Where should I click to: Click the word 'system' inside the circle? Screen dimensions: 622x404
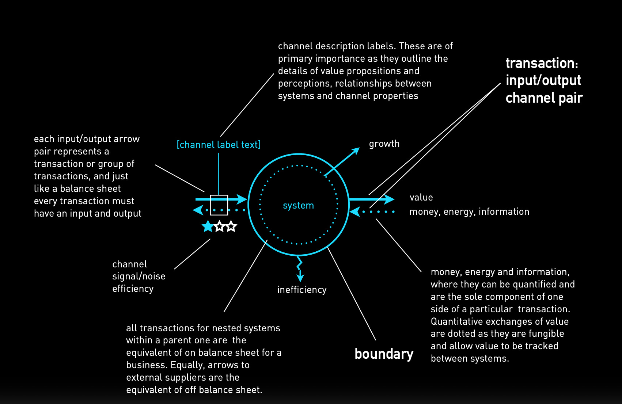point(298,206)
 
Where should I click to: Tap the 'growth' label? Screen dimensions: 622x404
point(384,144)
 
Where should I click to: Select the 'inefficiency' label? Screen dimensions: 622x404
point(302,290)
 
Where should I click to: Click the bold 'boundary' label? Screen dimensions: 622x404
point(384,354)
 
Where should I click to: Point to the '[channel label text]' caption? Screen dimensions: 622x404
point(219,145)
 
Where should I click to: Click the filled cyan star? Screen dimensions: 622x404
point(208,226)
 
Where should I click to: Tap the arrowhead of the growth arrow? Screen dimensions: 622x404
point(356,151)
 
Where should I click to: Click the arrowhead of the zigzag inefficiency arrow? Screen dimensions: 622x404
point(300,278)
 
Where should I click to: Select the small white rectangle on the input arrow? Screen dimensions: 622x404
point(219,205)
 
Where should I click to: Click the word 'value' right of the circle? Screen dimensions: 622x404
point(421,198)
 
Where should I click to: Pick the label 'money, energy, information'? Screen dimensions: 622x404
point(469,212)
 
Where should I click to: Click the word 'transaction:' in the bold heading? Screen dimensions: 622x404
point(542,64)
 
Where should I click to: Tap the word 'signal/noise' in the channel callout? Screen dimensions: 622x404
point(139,276)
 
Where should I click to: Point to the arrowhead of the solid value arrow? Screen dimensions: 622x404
point(390,199)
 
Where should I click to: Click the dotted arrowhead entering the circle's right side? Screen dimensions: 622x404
point(354,212)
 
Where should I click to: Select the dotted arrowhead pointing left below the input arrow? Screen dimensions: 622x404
point(198,210)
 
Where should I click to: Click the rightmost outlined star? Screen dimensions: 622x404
point(231,226)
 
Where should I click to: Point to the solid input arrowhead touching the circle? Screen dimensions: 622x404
point(242,199)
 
